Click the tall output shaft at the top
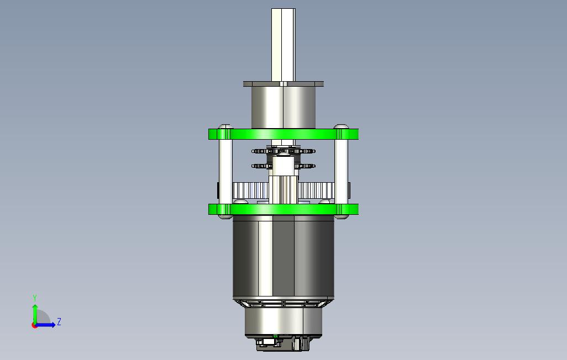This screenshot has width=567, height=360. [283, 45]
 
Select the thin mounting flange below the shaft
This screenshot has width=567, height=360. [283, 84]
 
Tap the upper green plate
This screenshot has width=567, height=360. [283, 134]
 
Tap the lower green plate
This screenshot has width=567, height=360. [283, 209]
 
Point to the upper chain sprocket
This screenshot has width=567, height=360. [283, 151]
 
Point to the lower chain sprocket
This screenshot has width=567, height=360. [283, 166]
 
